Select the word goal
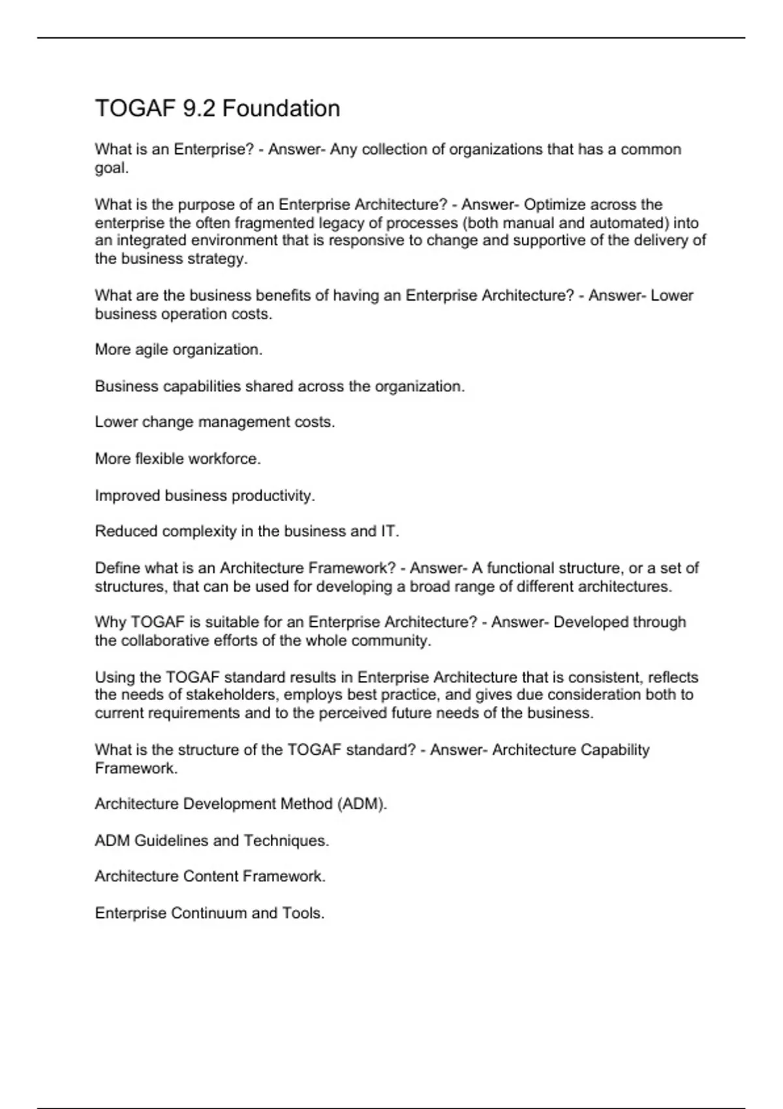[111, 168]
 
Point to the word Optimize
[554, 205]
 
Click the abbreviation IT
[389, 532]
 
